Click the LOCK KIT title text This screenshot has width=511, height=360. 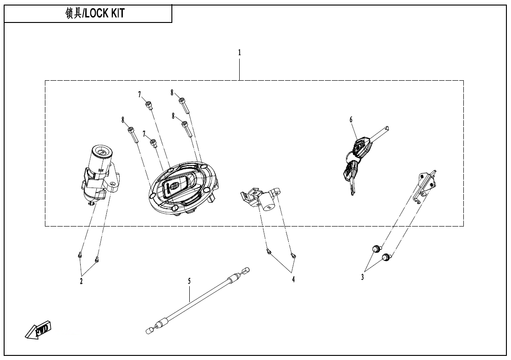click(95, 14)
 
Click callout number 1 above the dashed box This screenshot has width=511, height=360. click(239, 53)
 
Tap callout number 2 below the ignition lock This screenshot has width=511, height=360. click(81, 281)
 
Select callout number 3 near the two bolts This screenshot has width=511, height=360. click(362, 277)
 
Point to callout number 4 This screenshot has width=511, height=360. click(293, 279)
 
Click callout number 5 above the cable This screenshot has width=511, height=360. click(189, 281)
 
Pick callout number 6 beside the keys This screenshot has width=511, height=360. click(351, 120)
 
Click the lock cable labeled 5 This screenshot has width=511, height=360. click(197, 298)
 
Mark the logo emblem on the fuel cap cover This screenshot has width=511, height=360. click(175, 186)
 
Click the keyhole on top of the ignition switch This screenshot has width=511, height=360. click(102, 150)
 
